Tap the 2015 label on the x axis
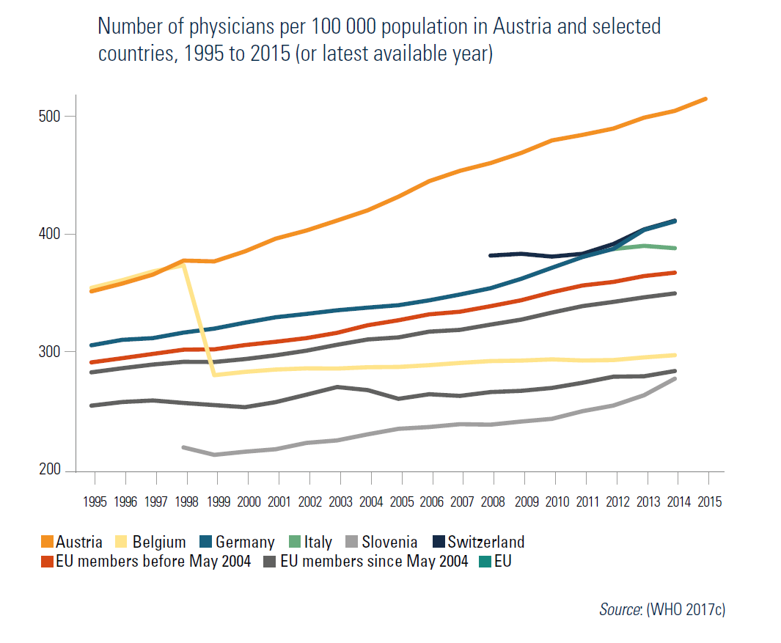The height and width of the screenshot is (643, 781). point(709,502)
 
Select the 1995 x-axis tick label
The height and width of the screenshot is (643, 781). point(95,502)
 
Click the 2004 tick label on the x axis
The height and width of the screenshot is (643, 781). point(371,502)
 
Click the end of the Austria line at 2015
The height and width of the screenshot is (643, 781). point(706,98)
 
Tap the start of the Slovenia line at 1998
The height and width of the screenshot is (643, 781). point(183,447)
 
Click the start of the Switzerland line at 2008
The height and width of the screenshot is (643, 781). point(490,255)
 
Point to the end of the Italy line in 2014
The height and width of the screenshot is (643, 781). point(675,248)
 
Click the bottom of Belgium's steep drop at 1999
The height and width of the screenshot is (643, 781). point(213,375)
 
